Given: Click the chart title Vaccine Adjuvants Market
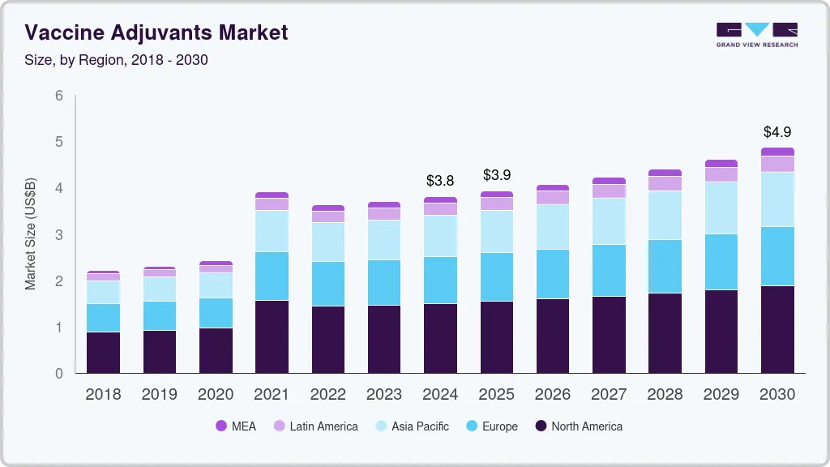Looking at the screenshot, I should click(156, 33).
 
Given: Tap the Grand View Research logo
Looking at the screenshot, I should click(756, 35).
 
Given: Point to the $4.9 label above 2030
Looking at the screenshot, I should click(777, 132).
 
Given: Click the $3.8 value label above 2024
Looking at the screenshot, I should click(440, 181).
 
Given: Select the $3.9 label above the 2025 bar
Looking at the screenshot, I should click(496, 175).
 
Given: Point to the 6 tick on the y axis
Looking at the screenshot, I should click(59, 96).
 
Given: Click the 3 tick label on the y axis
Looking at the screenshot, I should click(59, 235).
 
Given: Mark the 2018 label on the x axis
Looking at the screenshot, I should click(103, 395).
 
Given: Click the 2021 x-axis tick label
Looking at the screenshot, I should click(272, 395).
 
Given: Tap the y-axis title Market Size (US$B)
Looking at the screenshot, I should click(31, 234).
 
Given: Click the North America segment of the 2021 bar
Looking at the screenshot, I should click(272, 337).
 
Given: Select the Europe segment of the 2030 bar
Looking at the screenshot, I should click(777, 256).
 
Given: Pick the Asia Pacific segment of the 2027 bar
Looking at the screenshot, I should click(609, 221).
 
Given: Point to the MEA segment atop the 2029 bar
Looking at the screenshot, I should click(721, 164).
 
